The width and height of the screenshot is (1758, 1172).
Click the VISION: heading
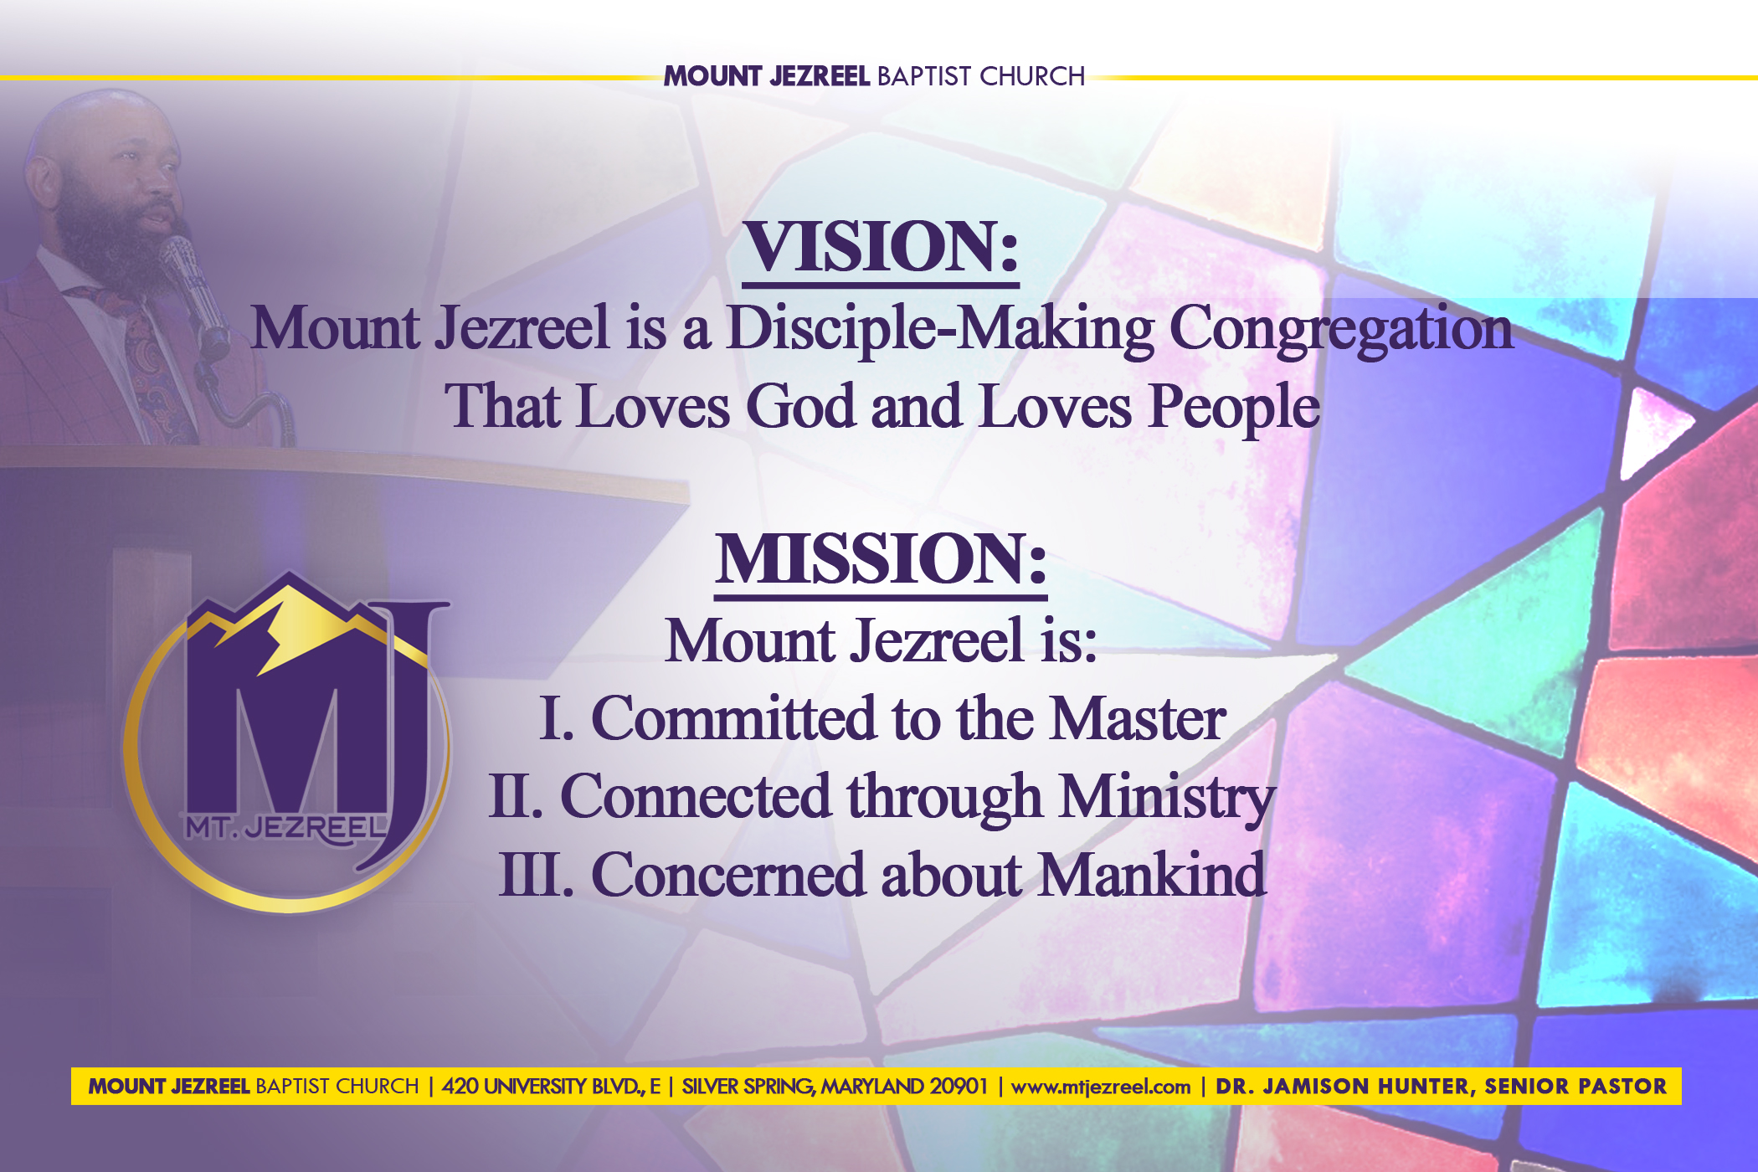point(881,248)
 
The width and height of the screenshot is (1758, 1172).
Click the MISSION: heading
point(881,559)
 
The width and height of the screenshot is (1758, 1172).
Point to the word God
point(801,407)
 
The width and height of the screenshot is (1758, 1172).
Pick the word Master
point(1138,718)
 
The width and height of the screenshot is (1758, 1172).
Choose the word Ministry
point(1167,798)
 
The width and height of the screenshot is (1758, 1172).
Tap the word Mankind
point(1153,874)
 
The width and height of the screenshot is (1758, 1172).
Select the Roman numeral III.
point(536,874)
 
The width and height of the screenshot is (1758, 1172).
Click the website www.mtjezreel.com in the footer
point(1101,1087)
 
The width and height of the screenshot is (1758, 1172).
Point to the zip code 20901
point(959,1087)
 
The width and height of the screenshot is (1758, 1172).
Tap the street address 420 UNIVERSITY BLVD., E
point(551,1087)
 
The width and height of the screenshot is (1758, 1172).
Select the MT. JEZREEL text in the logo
point(286,828)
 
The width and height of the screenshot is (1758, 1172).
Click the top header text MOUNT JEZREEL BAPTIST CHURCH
point(875,76)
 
